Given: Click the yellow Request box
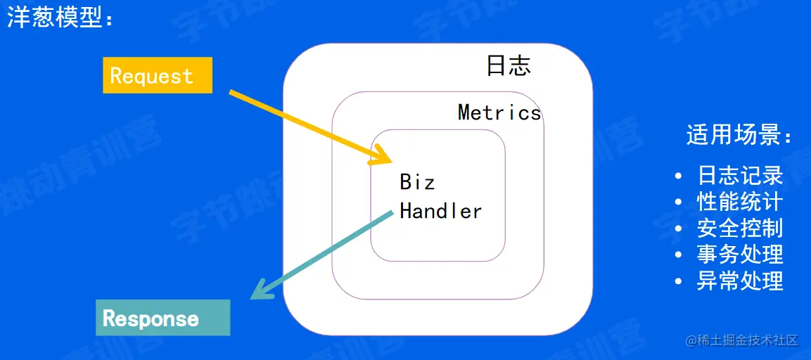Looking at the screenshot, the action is click(158, 75).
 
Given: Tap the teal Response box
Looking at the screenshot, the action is click(162, 318).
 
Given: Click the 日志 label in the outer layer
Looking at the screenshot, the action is click(509, 66).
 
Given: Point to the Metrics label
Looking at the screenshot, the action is click(499, 112).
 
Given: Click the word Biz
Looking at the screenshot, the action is click(417, 182).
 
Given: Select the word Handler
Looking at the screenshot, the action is click(441, 211).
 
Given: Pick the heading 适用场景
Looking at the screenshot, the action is click(739, 134).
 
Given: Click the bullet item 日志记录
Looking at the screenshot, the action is click(740, 175).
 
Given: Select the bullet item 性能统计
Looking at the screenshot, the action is click(740, 202).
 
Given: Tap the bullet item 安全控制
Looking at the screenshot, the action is click(740, 228).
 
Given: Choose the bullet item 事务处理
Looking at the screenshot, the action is click(740, 254).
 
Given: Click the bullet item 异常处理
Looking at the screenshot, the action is click(740, 281).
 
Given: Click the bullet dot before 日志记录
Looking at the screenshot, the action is click(678, 176).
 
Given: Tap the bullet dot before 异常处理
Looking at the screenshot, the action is click(678, 281).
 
